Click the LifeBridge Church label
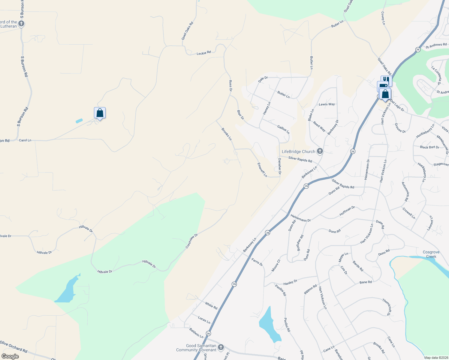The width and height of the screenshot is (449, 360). (298, 151)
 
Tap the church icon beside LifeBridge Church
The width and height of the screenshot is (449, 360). (320, 151)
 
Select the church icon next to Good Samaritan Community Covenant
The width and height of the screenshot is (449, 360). (221, 347)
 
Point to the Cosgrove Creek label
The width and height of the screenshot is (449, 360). (431, 254)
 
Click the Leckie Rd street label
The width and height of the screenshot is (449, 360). (203, 53)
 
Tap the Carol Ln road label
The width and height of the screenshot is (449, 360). (25, 140)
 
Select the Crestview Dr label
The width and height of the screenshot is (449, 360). (191, 241)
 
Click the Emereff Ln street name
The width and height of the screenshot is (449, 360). (262, 170)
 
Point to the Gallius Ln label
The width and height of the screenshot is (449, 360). (283, 130)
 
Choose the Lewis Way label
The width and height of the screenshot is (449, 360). (327, 104)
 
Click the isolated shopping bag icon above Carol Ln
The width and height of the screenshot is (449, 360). (100, 113)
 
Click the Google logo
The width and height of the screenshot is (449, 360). (10, 356)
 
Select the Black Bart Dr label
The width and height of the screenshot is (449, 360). (429, 147)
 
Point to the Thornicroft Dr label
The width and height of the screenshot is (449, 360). (387, 307)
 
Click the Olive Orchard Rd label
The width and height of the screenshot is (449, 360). (14, 346)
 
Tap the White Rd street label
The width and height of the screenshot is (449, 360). (211, 306)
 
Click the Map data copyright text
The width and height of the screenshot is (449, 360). (435, 358)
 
